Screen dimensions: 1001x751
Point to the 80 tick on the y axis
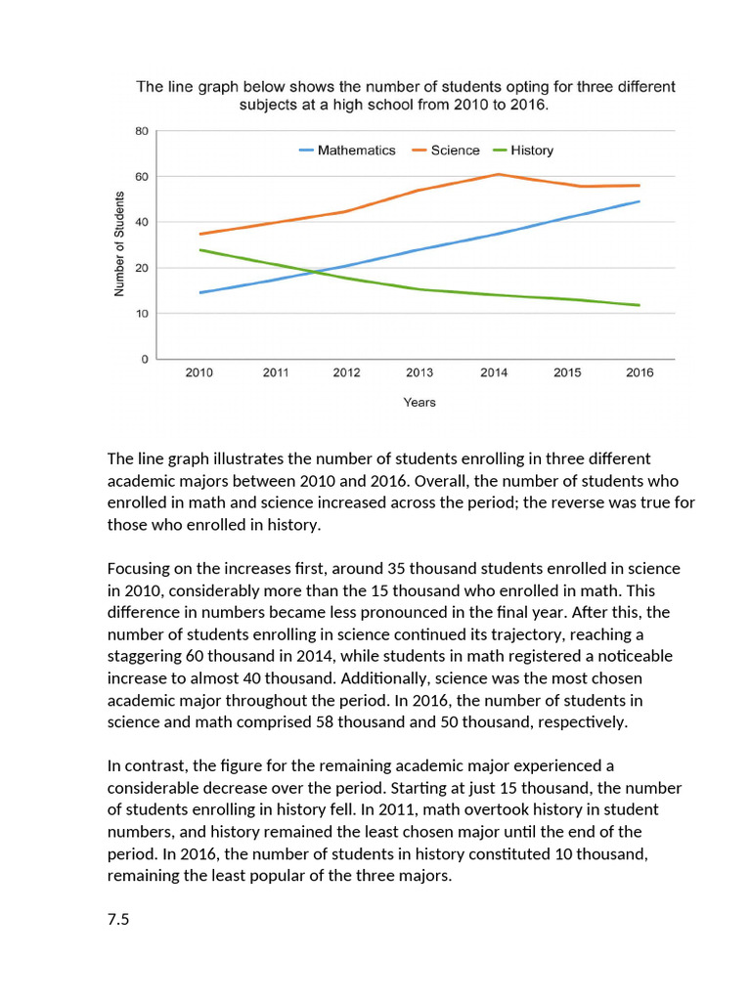pos(142,131)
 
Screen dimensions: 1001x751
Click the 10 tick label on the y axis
pos(142,314)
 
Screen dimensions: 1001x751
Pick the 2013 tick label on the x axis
pos(420,373)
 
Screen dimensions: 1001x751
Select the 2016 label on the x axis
pos(640,373)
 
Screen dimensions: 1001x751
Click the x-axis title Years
pos(420,403)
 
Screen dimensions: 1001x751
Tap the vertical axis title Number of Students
pos(119,244)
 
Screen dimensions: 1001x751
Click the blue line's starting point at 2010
pos(199,292)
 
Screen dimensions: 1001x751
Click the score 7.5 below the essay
pos(118,920)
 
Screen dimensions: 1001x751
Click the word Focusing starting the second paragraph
pos(139,569)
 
